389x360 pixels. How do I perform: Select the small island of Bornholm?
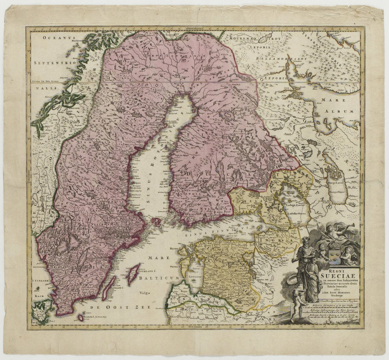click(x=81, y=317)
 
